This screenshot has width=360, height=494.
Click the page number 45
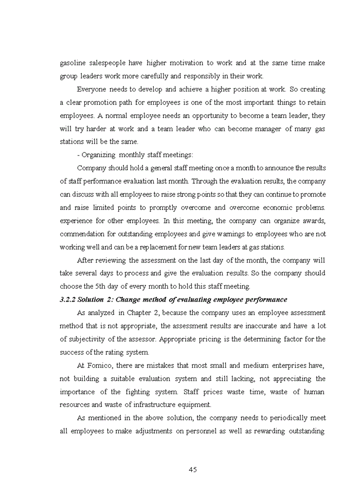tap(193, 469)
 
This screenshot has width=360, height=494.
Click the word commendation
tap(84, 234)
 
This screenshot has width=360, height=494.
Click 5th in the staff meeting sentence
tap(103, 286)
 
